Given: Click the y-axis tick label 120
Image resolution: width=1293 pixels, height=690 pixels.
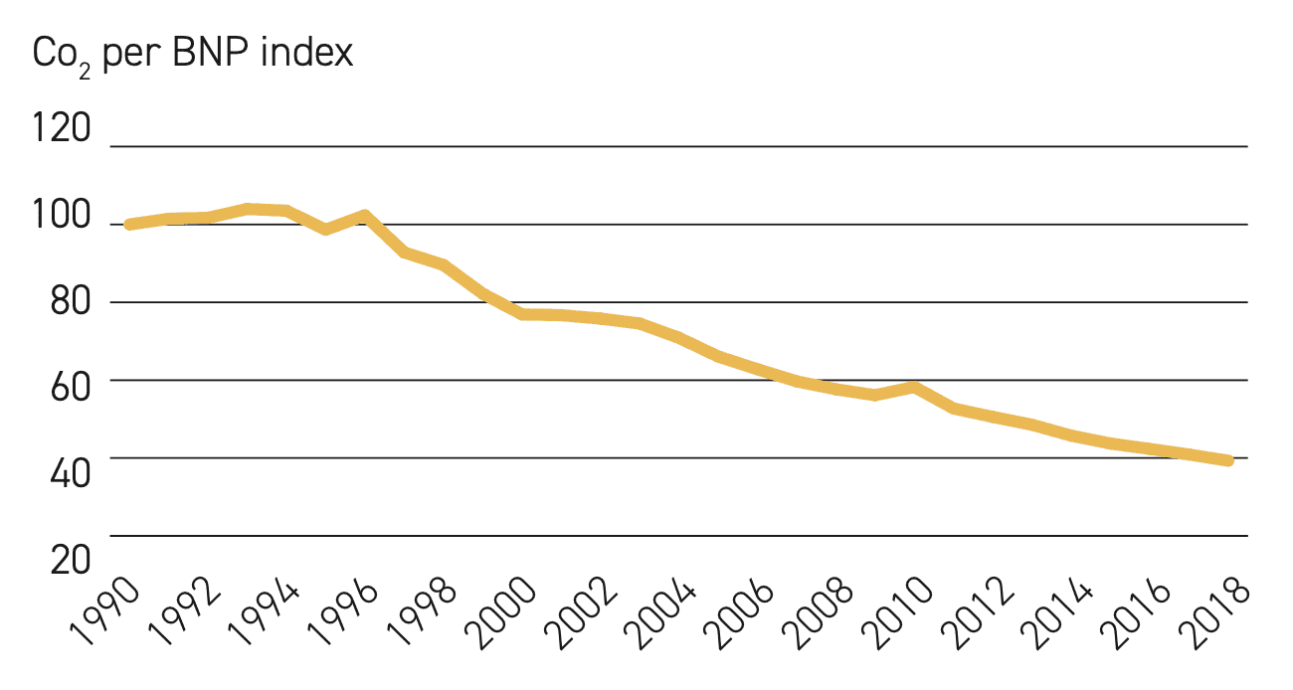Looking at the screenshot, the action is (x=62, y=127).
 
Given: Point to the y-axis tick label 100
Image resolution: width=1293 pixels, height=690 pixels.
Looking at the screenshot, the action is (x=62, y=215).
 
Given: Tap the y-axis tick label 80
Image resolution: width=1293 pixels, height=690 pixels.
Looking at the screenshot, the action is (x=71, y=301).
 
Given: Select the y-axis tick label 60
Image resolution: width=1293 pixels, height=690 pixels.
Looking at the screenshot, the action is (x=71, y=387).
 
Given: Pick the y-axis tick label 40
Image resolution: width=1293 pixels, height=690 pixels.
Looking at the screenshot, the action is (x=71, y=473).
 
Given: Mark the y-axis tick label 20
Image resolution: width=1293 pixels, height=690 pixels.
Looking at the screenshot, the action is (x=71, y=560).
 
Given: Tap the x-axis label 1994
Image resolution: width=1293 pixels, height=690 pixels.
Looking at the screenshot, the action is (x=265, y=611).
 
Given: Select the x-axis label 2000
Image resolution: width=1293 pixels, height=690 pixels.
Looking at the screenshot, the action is (x=501, y=612).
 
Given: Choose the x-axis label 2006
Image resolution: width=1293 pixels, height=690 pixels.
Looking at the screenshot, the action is (x=739, y=612).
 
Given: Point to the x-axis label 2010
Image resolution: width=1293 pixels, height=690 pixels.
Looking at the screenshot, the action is (x=897, y=612).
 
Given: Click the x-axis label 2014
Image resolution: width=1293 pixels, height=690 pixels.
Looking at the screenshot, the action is (x=1056, y=612).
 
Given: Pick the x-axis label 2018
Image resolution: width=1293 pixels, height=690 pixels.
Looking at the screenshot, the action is (x=1214, y=612).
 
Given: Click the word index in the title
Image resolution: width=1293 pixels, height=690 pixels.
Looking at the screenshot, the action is (x=306, y=53).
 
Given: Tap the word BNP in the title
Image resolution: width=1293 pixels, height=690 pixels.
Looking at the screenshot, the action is (x=210, y=53).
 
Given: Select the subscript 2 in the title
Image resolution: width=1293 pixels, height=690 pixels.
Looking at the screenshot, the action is (x=85, y=73).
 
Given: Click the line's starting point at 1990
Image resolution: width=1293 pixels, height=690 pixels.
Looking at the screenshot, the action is (x=130, y=225).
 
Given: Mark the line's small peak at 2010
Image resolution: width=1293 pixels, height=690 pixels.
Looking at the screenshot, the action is (x=914, y=387).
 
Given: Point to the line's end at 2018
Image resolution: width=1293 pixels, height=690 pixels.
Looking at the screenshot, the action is (x=1228, y=460).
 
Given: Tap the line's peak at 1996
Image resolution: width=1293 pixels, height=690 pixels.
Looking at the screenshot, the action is (x=365, y=216).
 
